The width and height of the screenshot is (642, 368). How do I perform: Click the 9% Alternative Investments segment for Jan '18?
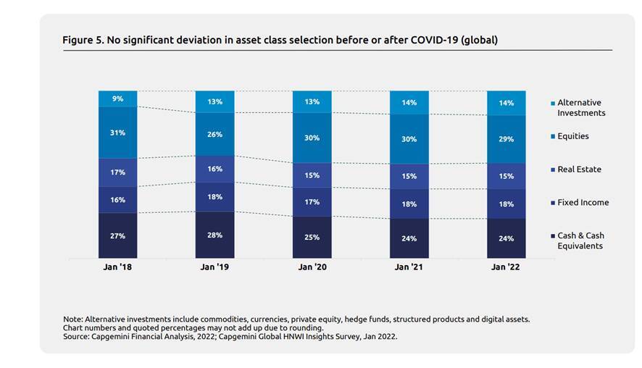(117, 99)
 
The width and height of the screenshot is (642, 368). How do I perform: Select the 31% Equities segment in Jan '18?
(117, 133)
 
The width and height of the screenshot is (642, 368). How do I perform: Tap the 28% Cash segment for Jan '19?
(214, 235)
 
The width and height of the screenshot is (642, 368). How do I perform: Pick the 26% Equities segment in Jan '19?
(214, 134)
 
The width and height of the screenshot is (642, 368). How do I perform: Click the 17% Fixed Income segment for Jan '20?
(312, 202)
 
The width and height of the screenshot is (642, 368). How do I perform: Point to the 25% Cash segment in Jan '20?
(312, 237)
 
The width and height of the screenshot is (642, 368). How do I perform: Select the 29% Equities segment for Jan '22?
(506, 138)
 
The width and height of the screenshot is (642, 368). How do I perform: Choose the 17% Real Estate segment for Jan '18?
(117, 172)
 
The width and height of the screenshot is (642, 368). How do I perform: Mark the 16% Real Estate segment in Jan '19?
(214, 169)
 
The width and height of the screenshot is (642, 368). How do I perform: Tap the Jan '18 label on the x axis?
(117, 267)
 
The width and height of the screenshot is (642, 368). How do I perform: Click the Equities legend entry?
(572, 136)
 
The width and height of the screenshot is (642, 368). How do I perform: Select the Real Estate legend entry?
(579, 170)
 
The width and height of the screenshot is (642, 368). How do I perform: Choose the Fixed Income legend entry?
(583, 203)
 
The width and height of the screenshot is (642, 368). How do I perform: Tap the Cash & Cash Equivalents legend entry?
(580, 241)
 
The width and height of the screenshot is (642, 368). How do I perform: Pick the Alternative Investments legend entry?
(580, 108)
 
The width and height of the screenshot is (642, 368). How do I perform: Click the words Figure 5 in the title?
(83, 40)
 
